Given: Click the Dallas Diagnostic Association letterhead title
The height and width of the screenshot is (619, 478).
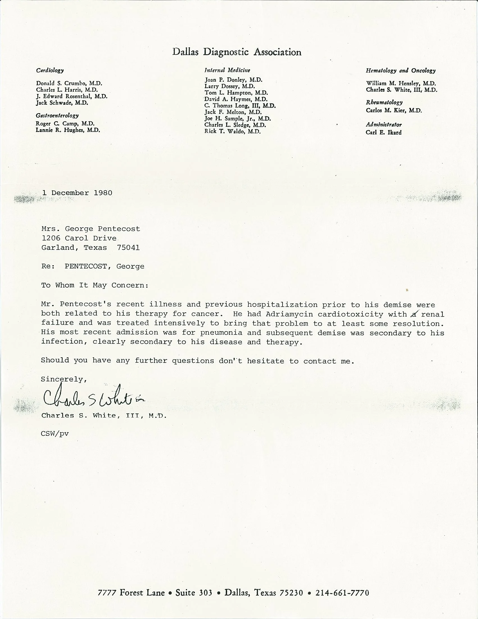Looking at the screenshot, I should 237,52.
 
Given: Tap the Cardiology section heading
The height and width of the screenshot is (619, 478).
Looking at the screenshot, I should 50,70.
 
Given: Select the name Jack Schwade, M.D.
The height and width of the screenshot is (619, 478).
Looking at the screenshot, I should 62,103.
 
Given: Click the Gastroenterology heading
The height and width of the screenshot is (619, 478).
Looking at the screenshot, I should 57,115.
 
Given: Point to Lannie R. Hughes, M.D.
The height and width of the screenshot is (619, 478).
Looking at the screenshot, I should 68,130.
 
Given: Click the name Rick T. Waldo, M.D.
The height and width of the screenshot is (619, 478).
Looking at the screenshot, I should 232,131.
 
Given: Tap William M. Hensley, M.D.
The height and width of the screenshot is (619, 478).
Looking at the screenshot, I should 401,83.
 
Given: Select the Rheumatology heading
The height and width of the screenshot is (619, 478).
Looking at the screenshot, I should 384,102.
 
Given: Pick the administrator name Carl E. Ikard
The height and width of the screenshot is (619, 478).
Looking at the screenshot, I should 384,132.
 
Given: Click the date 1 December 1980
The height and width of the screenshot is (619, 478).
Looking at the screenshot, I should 77,193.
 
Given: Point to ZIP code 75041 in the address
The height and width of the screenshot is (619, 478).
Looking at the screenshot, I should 128,248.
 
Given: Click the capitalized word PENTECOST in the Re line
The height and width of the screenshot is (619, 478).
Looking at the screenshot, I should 85,266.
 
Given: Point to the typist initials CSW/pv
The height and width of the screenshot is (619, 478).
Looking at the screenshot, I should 55,434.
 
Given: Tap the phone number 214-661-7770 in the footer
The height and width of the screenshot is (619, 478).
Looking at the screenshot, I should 342,593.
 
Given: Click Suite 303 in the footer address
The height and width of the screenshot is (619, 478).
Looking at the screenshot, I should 194,593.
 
